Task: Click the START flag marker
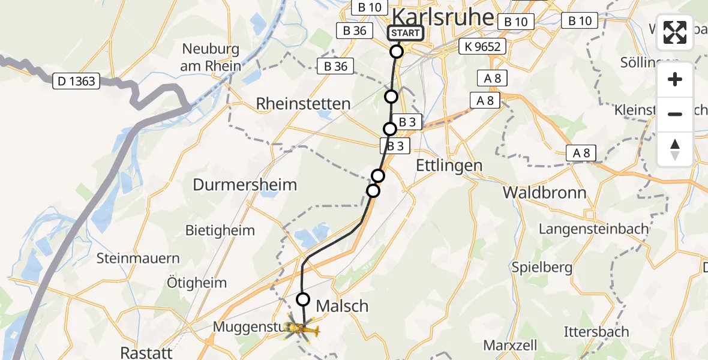click(x=406, y=33)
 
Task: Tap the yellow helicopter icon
click(x=302, y=328)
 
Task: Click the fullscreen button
click(x=675, y=32)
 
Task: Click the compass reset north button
click(x=675, y=149)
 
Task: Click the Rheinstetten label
click(x=303, y=104)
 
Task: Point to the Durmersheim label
click(x=245, y=185)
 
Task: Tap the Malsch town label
click(x=342, y=306)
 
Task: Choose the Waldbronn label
click(x=545, y=193)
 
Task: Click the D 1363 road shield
click(x=77, y=81)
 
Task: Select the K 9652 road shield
click(x=482, y=46)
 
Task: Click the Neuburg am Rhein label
click(x=210, y=58)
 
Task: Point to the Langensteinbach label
click(x=594, y=229)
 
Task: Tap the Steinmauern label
click(x=139, y=259)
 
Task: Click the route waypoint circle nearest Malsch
click(x=303, y=299)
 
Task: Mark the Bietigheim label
click(x=220, y=230)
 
